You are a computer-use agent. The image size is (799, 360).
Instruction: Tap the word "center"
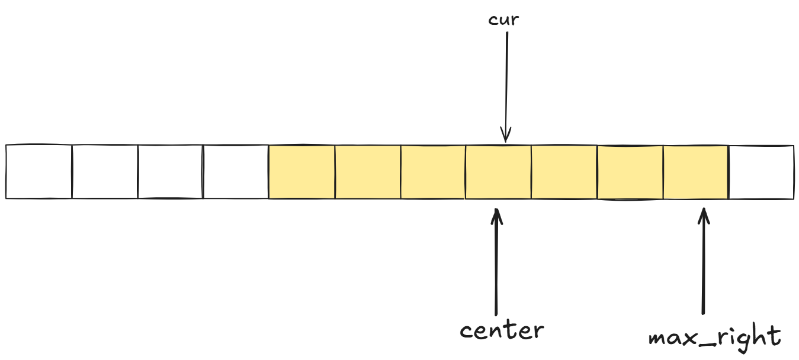501,330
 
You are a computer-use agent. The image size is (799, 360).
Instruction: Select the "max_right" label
714,337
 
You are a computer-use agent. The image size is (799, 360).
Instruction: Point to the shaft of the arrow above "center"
496,266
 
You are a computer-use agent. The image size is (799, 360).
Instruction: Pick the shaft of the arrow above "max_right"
704,266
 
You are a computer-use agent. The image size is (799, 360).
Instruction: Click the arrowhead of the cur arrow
505,135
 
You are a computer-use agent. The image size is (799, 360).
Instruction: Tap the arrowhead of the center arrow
497,215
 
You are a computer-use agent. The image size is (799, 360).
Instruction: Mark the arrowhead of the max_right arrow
704,215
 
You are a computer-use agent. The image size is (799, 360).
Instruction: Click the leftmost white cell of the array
39,172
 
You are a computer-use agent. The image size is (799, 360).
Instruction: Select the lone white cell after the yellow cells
761,172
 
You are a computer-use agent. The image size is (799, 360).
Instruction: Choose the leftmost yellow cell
302,172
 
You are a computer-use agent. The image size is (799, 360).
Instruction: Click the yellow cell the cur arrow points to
498,172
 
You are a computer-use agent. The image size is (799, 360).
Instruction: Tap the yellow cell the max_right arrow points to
695,172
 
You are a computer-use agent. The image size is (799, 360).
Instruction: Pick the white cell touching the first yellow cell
236,172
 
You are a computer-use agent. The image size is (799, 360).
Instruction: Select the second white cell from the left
105,172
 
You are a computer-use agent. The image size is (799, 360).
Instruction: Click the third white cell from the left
171,172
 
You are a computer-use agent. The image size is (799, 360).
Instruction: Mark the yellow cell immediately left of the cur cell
433,172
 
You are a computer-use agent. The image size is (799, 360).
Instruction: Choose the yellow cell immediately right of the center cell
564,172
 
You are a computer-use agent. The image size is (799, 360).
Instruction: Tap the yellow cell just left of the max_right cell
630,172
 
